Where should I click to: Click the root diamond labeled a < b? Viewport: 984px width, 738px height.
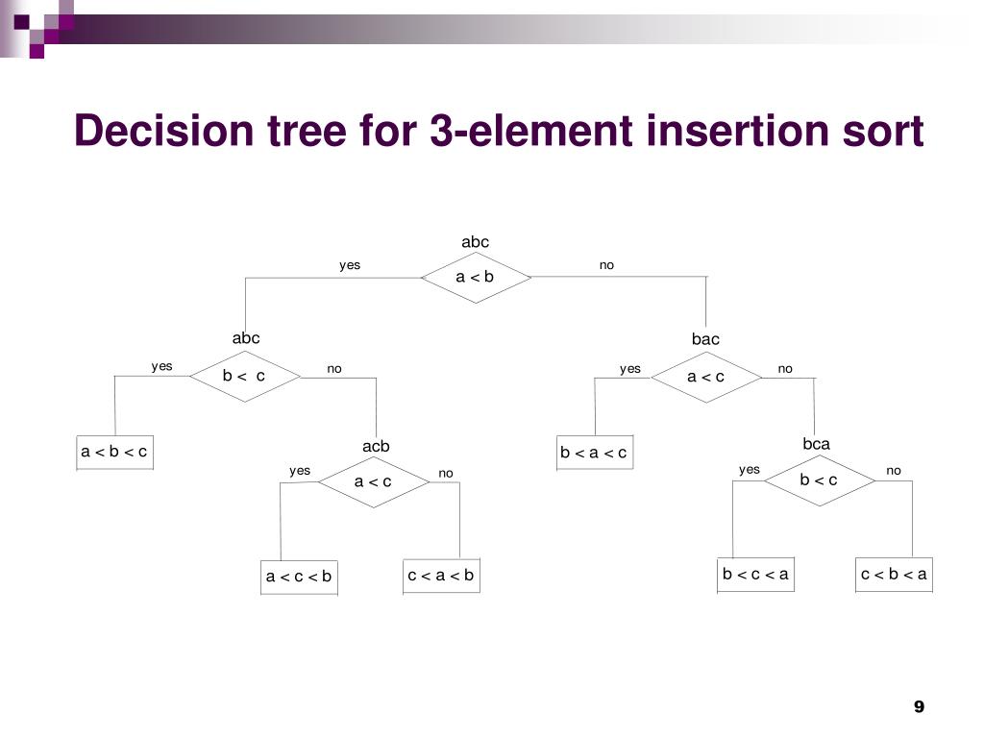click(475, 277)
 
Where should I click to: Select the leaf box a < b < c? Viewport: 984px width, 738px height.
click(114, 452)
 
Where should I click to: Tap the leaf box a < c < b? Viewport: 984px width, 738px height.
click(299, 577)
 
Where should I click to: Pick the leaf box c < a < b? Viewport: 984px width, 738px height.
click(441, 576)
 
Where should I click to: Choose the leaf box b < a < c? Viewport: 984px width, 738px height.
click(594, 453)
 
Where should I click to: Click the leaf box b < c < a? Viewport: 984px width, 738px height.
click(755, 575)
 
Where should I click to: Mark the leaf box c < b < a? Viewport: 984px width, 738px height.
click(894, 575)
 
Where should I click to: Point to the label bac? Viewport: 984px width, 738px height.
click(705, 339)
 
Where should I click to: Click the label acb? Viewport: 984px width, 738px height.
click(376, 447)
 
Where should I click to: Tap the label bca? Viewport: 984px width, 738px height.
click(816, 444)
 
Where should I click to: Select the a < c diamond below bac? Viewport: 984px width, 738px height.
click(705, 377)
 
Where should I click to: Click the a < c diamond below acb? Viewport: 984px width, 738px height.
click(373, 481)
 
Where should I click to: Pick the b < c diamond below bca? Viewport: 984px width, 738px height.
click(819, 480)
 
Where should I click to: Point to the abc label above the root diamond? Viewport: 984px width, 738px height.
click(475, 242)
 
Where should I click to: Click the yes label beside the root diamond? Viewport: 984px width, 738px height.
click(350, 265)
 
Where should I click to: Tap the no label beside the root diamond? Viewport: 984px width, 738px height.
click(606, 265)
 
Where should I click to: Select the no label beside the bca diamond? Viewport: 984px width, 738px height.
click(894, 470)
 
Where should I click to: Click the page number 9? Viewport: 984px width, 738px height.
click(919, 707)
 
